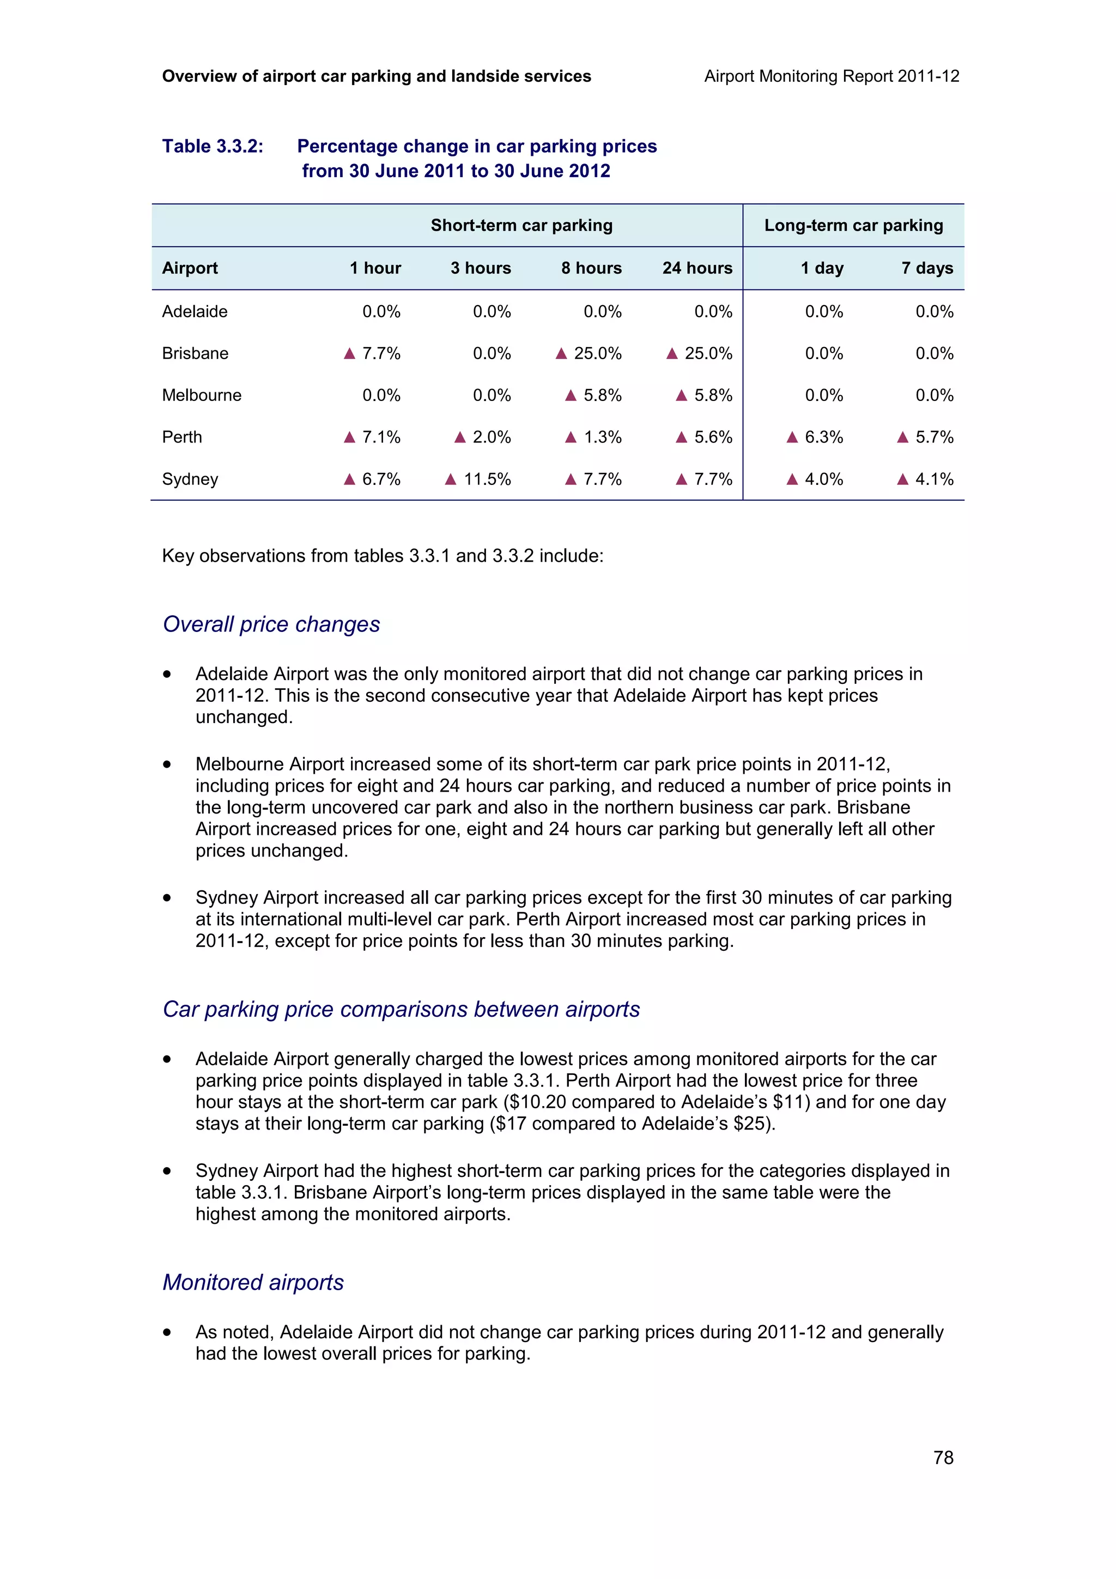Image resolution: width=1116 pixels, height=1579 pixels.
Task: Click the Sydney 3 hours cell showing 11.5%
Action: pos(486,479)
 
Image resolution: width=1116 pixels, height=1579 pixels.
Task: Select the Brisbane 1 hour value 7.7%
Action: pos(381,354)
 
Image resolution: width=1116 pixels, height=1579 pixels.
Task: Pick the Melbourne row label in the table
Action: pos(202,396)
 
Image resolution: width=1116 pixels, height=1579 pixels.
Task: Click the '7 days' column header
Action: pos(927,268)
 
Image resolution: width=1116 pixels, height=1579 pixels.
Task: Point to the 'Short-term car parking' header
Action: pos(521,226)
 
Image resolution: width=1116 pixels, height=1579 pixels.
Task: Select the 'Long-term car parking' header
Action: pos(853,226)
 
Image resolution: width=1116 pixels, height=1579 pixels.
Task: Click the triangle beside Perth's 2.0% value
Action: pos(460,438)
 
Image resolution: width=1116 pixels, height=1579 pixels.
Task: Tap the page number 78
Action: pos(943,1457)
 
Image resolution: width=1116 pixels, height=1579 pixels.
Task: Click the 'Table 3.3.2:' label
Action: pos(213,147)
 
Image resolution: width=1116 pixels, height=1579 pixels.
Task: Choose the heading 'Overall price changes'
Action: pos(271,624)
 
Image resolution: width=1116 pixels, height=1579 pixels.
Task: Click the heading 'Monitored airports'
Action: pos(253,1283)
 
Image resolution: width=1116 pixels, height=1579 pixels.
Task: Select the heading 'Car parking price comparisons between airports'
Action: pos(401,1010)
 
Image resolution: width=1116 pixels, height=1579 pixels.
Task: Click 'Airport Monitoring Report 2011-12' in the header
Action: pos(832,76)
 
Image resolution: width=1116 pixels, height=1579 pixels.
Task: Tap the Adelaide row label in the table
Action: pos(195,312)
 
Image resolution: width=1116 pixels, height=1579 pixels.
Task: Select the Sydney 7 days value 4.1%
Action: pos(934,479)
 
